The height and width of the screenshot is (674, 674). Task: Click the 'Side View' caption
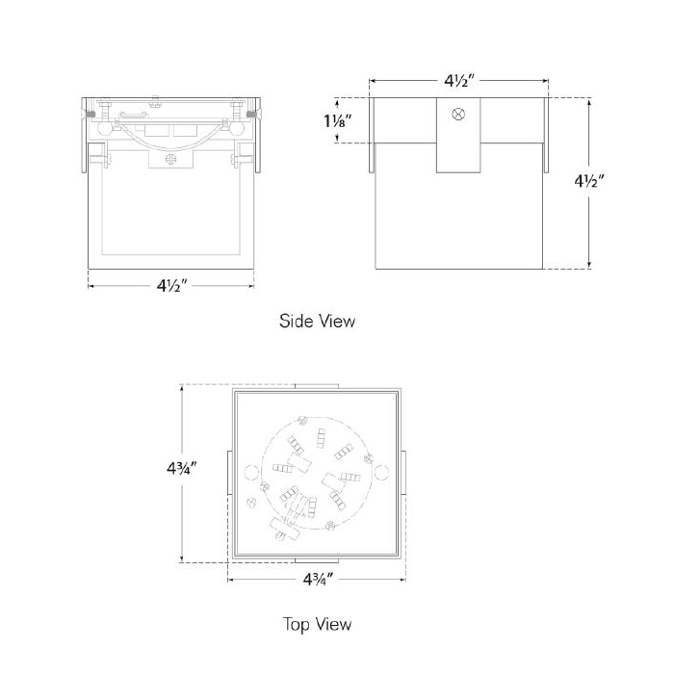click(317, 321)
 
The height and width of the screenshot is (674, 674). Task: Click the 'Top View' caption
click(317, 624)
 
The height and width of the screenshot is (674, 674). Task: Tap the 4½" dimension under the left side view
click(170, 285)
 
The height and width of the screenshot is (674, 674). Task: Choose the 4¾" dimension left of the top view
click(180, 470)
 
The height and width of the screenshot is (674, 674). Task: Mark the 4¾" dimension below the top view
click(317, 580)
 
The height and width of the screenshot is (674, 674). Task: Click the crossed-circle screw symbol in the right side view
click(458, 115)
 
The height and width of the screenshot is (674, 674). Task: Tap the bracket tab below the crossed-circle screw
click(458, 154)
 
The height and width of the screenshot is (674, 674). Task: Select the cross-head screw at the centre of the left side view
click(170, 160)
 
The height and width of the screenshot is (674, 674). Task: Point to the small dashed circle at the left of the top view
click(253, 472)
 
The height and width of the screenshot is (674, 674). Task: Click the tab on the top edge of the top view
click(317, 386)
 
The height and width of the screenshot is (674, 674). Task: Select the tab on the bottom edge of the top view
click(317, 560)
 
